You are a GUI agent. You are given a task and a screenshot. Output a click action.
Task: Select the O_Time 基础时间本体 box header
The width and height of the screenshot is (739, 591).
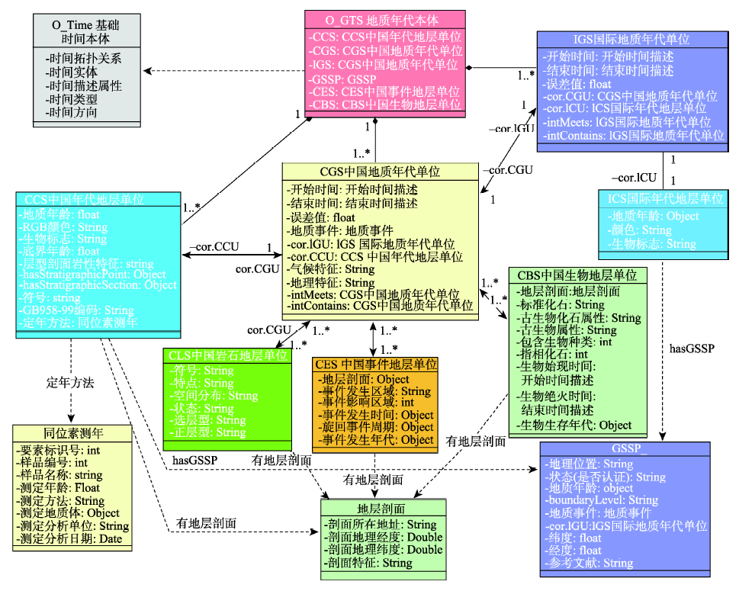[85, 31]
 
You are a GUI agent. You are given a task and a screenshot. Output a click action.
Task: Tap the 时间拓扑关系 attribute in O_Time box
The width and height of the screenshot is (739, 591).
[83, 58]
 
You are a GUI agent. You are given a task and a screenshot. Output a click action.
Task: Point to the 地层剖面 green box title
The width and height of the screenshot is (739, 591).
[384, 509]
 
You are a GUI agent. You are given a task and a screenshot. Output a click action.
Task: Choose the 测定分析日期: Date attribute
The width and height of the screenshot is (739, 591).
[72, 540]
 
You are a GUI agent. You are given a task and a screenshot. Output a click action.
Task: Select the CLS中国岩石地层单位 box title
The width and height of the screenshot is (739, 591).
[228, 355]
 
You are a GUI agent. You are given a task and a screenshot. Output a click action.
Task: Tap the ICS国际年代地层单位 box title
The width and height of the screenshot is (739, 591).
[660, 198]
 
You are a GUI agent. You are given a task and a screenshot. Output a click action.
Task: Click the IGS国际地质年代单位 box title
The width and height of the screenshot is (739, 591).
[630, 39]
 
